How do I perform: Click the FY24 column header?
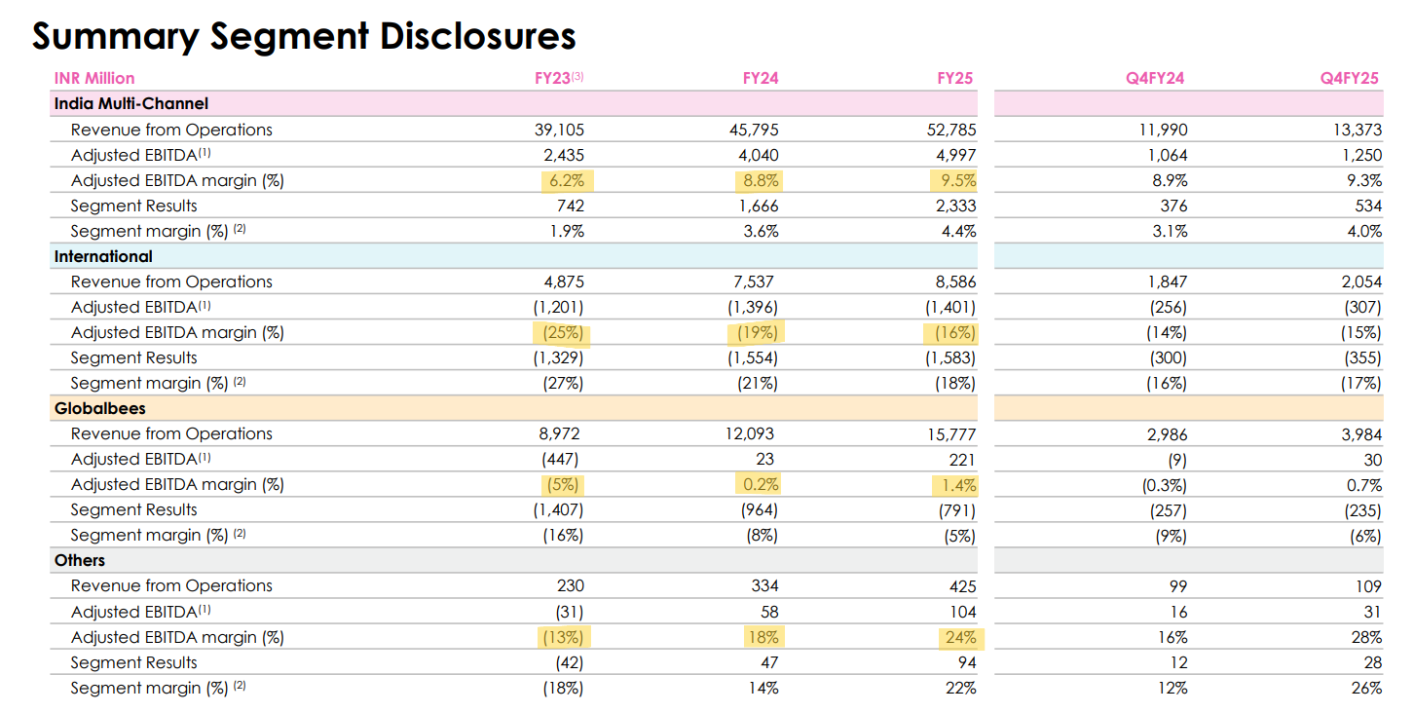pyautogui.click(x=760, y=78)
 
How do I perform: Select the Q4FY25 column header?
pyautogui.click(x=1350, y=78)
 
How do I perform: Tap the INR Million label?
pyautogui.click(x=94, y=78)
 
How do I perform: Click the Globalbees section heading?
pyautogui.click(x=99, y=408)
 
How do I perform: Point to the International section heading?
pyautogui.click(x=103, y=256)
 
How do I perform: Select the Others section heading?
pyautogui.click(x=80, y=561)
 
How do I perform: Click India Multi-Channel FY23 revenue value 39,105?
pyautogui.click(x=559, y=131)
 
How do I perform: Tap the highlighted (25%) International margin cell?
pyautogui.click(x=563, y=333)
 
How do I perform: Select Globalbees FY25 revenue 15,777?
pyautogui.click(x=951, y=434)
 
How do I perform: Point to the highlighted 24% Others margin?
pyautogui.click(x=961, y=638)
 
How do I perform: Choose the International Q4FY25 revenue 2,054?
pyautogui.click(x=1361, y=282)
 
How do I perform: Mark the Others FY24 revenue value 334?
pyautogui.click(x=764, y=586)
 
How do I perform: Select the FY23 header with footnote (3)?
pyautogui.click(x=559, y=78)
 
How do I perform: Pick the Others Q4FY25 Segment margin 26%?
pyautogui.click(x=1366, y=689)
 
